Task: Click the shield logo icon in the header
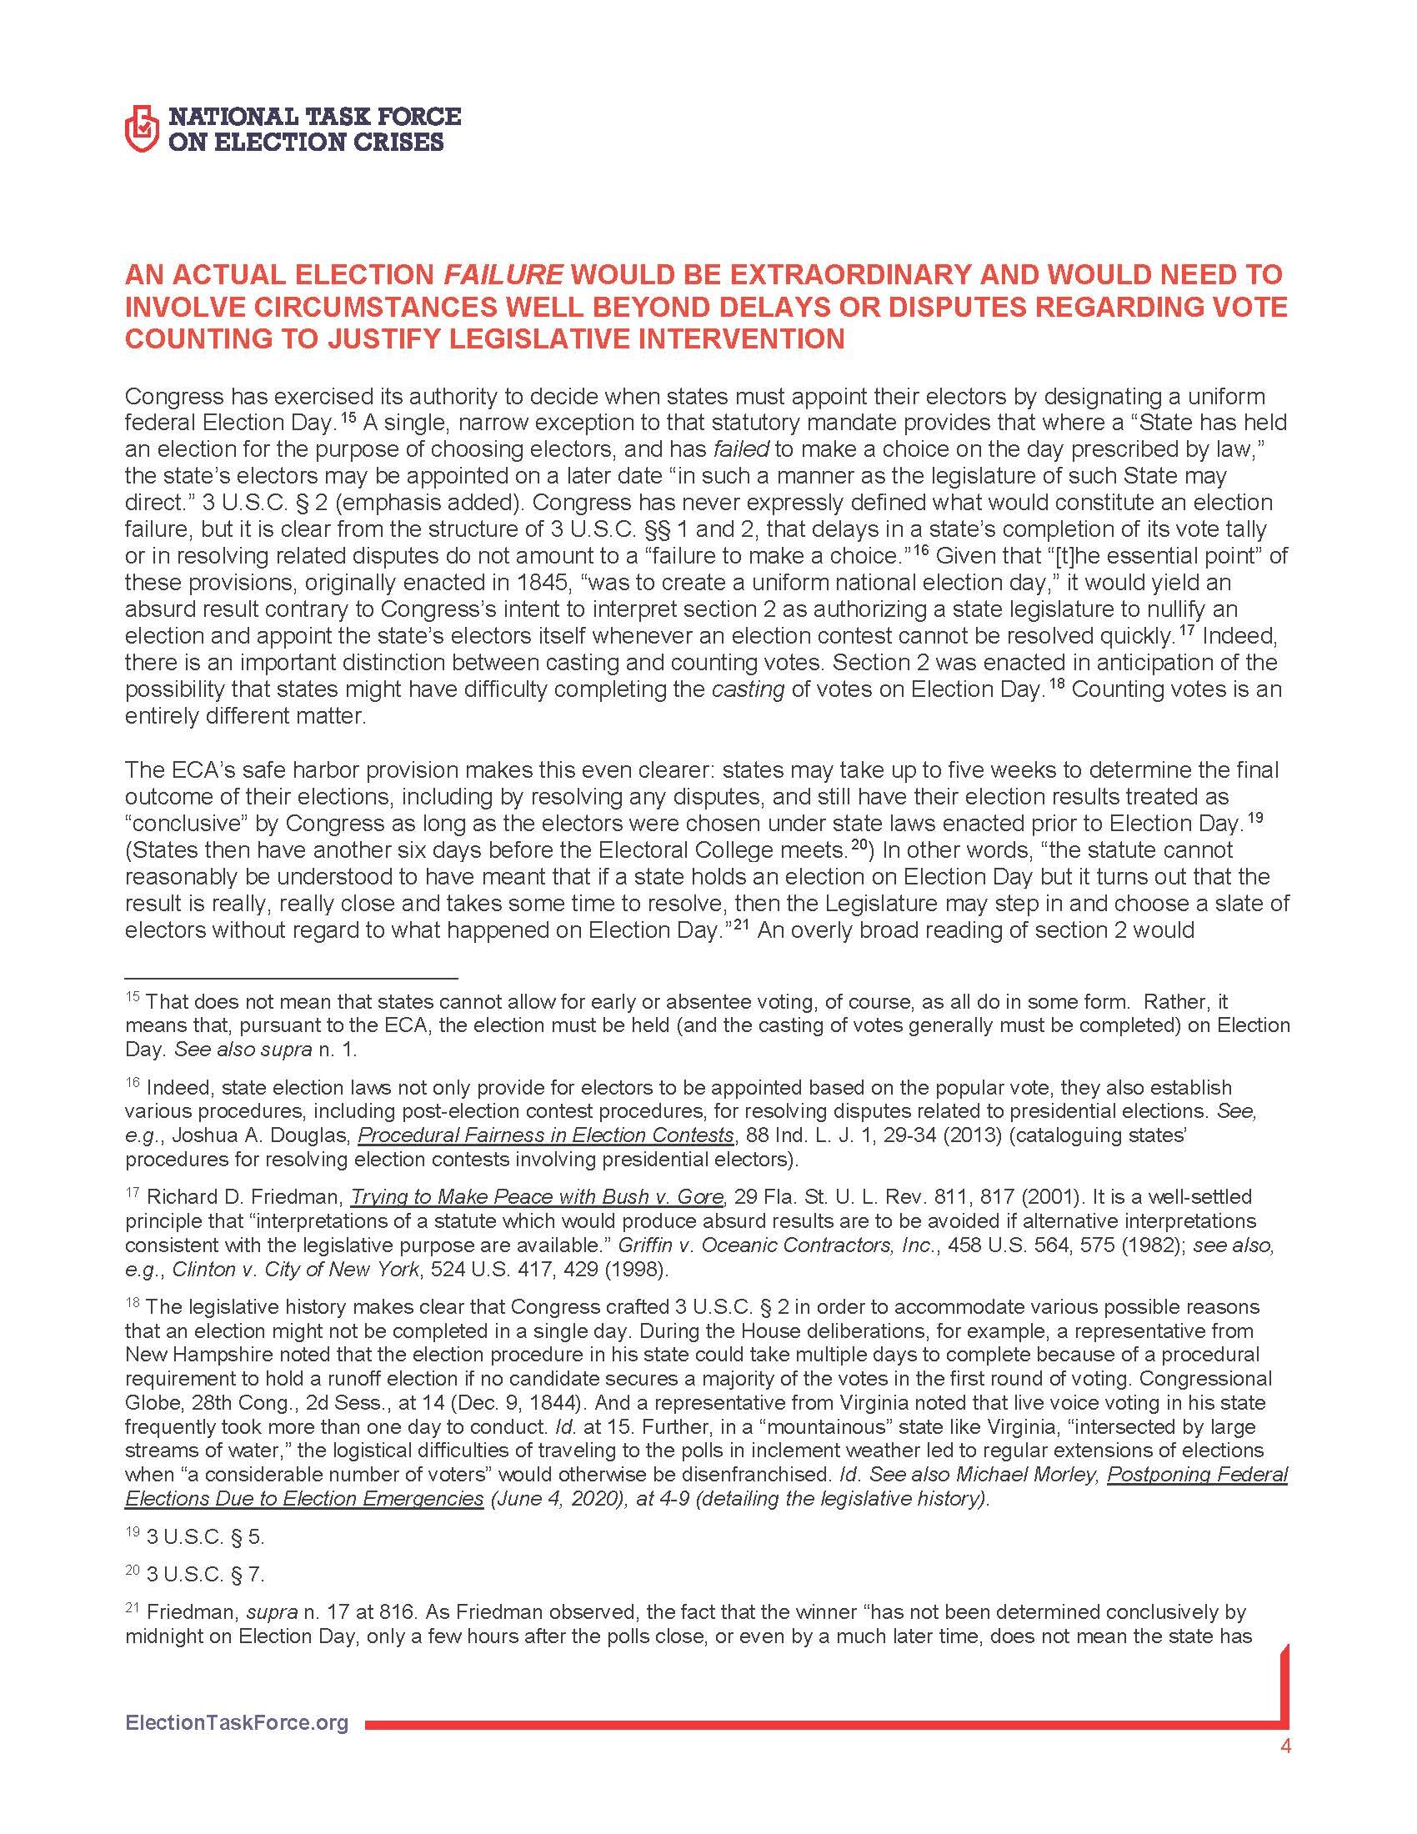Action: [x=141, y=128]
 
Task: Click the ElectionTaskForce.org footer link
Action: [x=236, y=1722]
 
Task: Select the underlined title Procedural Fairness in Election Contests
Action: [x=546, y=1135]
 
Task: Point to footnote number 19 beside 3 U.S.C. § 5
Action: [x=132, y=1533]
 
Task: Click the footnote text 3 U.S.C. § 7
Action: [x=205, y=1576]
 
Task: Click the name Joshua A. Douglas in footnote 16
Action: [x=269, y=1135]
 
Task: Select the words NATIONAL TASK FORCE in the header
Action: [x=315, y=116]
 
